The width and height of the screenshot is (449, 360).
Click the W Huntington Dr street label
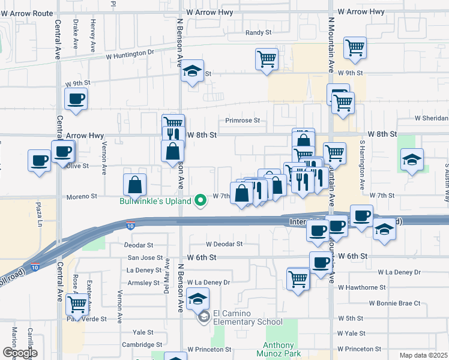coord(130,54)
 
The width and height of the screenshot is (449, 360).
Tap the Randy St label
coord(259,33)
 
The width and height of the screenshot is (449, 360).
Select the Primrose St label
coord(243,120)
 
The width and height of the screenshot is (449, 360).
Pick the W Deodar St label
coord(224,244)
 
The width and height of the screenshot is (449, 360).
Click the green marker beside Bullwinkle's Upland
coord(201,202)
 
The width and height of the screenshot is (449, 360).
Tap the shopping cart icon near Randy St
coord(267,59)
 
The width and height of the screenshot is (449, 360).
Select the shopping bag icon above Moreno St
coord(134,185)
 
